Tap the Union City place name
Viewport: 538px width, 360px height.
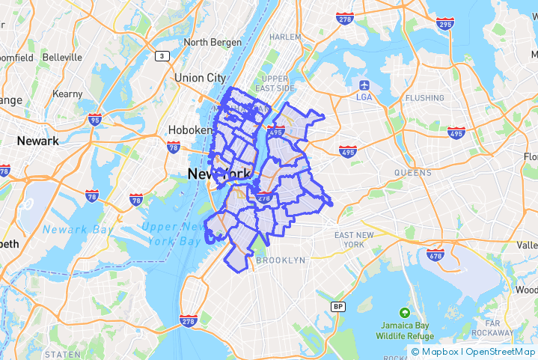pyautogui.click(x=200, y=78)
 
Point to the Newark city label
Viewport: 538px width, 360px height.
pyautogui.click(x=37, y=141)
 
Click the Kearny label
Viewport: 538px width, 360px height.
pyautogui.click(x=67, y=94)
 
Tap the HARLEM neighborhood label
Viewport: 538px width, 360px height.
pyautogui.click(x=285, y=37)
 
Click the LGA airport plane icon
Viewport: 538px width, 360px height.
pyautogui.click(x=364, y=84)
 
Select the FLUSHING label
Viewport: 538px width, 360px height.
pyautogui.click(x=424, y=98)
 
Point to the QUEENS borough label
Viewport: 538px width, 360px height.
pyautogui.click(x=413, y=173)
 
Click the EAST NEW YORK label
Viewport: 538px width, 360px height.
pyautogui.click(x=354, y=240)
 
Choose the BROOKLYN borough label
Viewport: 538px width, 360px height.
pyautogui.click(x=281, y=260)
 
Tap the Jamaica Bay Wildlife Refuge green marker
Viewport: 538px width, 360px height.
pyautogui.click(x=405, y=312)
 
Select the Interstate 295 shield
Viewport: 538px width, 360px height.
pyautogui.click(x=444, y=25)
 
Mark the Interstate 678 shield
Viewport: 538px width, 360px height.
pyautogui.click(x=435, y=254)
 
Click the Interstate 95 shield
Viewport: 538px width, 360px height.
pyautogui.click(x=94, y=119)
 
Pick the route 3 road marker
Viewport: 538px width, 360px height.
pyautogui.click(x=162, y=56)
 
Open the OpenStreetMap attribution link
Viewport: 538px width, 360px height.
pyautogui.click(x=501, y=352)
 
